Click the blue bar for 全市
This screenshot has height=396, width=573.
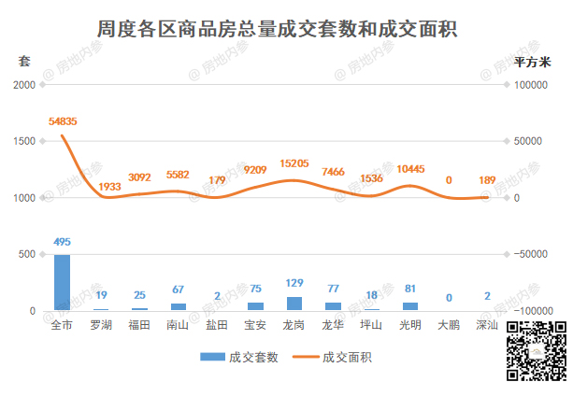coord(62,282)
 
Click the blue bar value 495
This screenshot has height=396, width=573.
coord(62,243)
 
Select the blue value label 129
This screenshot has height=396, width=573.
coord(294,283)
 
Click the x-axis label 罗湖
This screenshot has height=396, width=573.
coord(101,325)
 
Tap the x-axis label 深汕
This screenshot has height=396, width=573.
coord(487,325)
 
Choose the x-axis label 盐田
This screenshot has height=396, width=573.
coord(217,325)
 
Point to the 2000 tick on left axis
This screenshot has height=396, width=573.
coord(23,85)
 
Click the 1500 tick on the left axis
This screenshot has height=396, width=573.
coord(23,141)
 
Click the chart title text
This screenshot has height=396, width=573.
coord(276,27)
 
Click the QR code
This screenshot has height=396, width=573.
coord(537,350)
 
